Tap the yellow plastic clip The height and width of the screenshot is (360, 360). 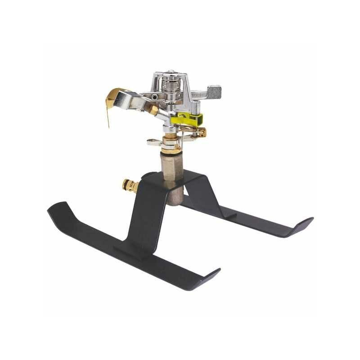[x=187, y=119]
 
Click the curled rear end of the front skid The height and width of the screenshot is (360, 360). [x=56, y=208]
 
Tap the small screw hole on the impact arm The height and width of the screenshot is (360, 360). [x=154, y=97]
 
